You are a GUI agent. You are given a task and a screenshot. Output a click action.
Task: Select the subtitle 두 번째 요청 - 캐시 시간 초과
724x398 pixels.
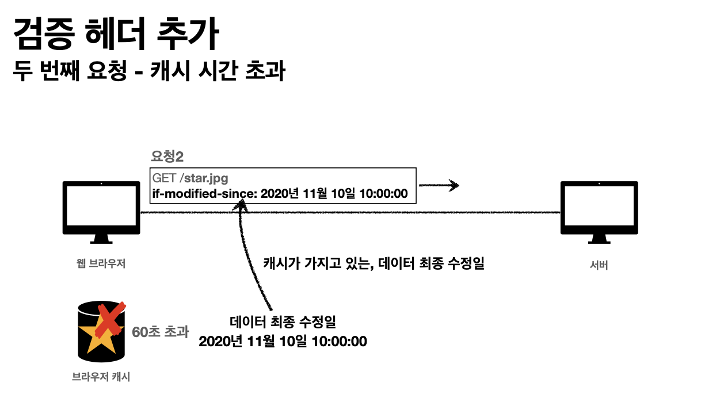tap(149, 71)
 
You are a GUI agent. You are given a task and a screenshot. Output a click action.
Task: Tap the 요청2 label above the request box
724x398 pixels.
tap(167, 156)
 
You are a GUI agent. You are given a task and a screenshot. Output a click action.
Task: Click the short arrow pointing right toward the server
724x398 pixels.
tap(439, 185)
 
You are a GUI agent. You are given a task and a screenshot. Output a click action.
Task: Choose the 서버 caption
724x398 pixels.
tap(599, 265)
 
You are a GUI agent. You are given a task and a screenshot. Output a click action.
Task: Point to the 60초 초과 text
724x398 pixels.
tap(161, 332)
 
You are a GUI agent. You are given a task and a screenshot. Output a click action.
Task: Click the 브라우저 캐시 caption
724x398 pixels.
tap(101, 377)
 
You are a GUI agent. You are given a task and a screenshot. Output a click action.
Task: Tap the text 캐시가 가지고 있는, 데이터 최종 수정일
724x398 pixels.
tap(374, 264)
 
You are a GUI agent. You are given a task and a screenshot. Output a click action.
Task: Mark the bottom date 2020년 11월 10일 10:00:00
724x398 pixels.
tap(283, 341)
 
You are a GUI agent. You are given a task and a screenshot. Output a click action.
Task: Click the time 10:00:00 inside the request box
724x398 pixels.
tap(383, 194)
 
